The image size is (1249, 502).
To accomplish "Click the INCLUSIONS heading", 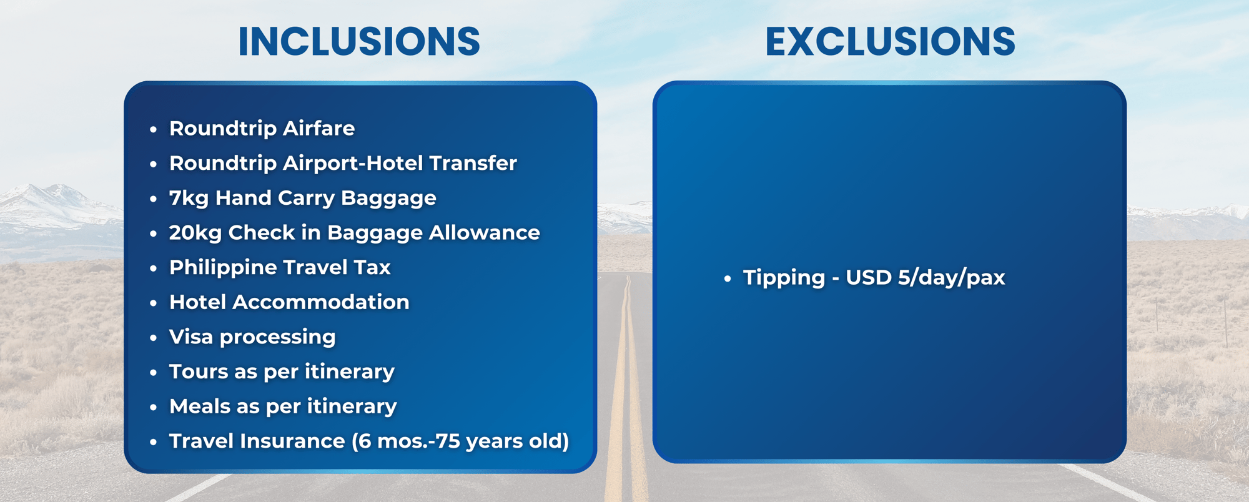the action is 359,42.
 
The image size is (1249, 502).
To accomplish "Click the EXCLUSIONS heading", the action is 890,42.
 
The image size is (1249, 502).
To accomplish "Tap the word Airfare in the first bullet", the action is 318,128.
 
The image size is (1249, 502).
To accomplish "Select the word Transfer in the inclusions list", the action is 473,163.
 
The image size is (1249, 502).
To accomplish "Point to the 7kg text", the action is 189,198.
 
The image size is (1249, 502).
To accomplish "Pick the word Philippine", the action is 224,268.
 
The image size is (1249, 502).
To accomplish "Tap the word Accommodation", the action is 321,302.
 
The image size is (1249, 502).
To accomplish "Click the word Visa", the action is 191,337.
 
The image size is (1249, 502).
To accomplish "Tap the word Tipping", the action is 784,278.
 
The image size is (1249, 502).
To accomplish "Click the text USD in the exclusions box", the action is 869,277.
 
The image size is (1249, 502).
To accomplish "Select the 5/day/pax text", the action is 952,278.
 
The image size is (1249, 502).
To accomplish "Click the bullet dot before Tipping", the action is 727,279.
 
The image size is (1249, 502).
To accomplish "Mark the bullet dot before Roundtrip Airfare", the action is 153,130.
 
